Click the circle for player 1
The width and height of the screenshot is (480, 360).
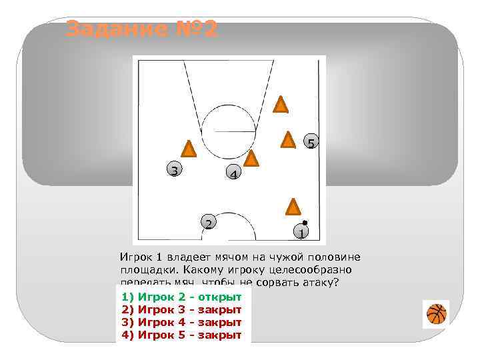pyautogui.click(x=301, y=233)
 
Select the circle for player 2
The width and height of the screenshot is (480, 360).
pyautogui.click(x=209, y=223)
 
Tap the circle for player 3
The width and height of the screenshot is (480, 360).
pyautogui.click(x=174, y=170)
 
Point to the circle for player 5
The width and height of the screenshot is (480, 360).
pyautogui.click(x=311, y=143)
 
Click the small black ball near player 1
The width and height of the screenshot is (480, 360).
pyautogui.click(x=305, y=223)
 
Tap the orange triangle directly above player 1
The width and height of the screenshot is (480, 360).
pyautogui.click(x=293, y=207)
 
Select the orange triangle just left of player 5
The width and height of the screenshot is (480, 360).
pyautogui.click(x=288, y=139)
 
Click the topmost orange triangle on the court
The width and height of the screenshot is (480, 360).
pyautogui.click(x=281, y=105)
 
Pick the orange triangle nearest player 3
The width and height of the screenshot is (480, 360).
pyautogui.click(x=189, y=149)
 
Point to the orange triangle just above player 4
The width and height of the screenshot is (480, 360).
pyautogui.click(x=251, y=159)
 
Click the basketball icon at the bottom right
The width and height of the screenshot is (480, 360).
pyautogui.click(x=436, y=313)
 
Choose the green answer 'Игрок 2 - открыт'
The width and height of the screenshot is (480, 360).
pyautogui.click(x=181, y=296)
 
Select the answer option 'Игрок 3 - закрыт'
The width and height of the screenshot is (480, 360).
pyautogui.click(x=181, y=309)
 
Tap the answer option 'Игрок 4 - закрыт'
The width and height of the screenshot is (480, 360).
pyautogui.click(x=181, y=322)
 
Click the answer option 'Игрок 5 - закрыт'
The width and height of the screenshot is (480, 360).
pyautogui.click(x=181, y=335)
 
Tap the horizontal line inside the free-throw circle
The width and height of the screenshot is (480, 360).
pyautogui.click(x=229, y=129)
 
